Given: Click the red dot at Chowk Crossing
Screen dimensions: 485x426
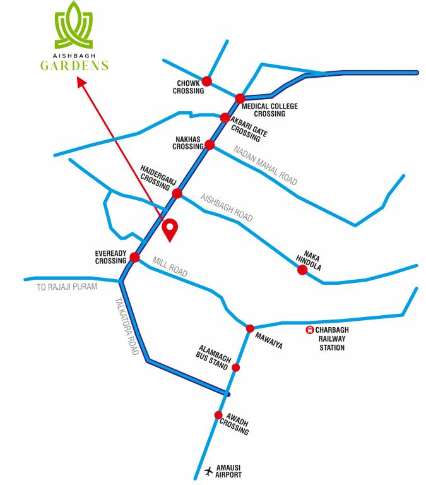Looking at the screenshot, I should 206,81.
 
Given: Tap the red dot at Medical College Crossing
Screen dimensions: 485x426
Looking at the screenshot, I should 240,99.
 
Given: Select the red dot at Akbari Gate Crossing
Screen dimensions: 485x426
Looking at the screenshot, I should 225,117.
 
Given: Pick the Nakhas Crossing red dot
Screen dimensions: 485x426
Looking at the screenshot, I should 210,145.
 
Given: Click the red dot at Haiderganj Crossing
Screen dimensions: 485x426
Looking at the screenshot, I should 177,193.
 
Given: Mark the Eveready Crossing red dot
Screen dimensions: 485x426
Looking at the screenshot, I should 134,257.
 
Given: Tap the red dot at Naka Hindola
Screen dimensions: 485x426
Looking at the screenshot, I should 302,270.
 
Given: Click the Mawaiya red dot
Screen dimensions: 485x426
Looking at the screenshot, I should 250,328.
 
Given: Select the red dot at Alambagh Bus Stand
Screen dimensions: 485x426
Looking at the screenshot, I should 236,368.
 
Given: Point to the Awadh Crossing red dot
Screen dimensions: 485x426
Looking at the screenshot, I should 218,415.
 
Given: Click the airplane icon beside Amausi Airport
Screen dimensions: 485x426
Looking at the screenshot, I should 209,470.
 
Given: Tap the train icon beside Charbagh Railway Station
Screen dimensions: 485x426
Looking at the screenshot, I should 310,330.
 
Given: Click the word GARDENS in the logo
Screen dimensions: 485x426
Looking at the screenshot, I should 74,66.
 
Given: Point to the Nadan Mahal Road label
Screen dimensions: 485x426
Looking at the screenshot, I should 265,165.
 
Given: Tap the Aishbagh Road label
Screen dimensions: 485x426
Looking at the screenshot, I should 227,208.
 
